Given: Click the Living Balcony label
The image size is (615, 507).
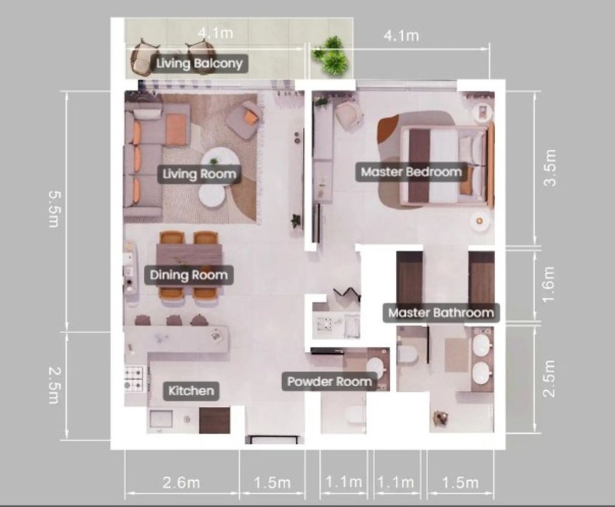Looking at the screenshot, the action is coord(199,64).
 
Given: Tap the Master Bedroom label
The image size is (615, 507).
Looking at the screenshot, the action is coord(411,172).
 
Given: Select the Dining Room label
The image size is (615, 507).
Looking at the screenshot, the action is coord(188,275).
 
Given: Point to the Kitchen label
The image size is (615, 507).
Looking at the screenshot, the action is coord(191,391).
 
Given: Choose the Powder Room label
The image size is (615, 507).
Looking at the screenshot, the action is coord(330,382).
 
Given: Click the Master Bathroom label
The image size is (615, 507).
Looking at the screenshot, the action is coord(440,313).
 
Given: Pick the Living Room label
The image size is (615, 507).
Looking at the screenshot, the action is coord(199,174).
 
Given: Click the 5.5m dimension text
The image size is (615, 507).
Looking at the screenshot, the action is coord(53,208).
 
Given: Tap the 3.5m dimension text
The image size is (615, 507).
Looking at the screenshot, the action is coord(551,168).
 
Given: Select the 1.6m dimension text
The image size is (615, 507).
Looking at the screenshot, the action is coord(550,284).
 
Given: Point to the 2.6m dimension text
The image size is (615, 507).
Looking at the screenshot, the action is coord(181,482).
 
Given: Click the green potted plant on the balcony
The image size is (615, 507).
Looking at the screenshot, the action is coord(331,56).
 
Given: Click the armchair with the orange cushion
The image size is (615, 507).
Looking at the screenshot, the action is coord(244,120).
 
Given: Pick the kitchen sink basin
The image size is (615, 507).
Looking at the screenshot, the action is coord(161,420).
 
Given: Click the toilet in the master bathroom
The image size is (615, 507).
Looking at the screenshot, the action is coord(407,354).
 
